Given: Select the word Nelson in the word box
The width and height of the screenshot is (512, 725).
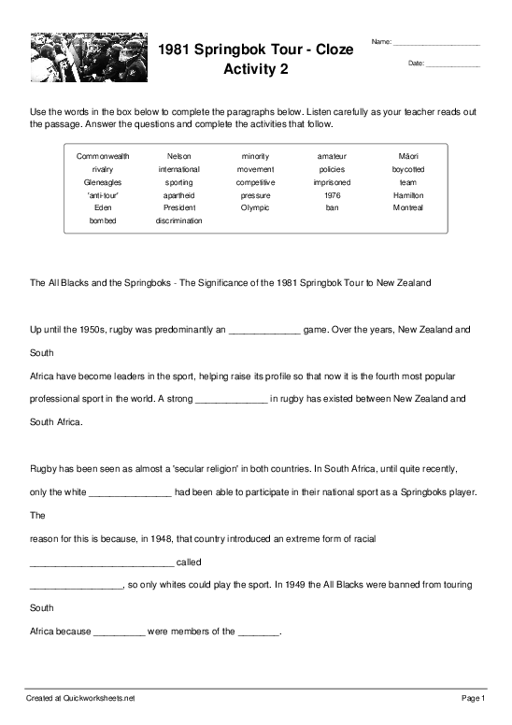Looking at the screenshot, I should (178, 156).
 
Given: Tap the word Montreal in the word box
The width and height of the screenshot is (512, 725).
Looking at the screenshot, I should (408, 207).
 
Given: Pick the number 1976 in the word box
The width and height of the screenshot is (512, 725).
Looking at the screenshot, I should (333, 195).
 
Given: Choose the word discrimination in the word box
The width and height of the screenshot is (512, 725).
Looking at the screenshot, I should (178, 220).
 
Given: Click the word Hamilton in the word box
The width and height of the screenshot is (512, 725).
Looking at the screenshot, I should (408, 195).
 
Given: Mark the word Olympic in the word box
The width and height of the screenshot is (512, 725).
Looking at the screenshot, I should (255, 207).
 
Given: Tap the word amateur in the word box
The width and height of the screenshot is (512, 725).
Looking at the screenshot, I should (333, 156).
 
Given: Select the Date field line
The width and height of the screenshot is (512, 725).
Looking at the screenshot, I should (452, 64).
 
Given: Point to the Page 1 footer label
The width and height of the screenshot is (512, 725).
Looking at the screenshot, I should (470, 698).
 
